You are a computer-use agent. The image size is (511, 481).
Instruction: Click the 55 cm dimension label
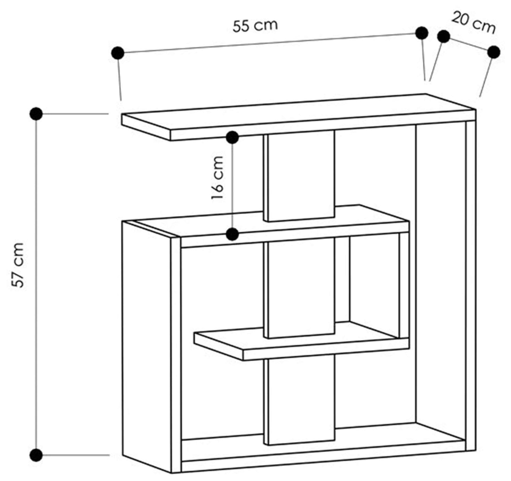click(255, 26)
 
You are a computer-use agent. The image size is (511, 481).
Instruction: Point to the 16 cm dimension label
click(217, 178)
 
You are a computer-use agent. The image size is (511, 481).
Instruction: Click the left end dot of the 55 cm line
click(118, 53)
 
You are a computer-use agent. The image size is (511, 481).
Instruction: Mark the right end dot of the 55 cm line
click(422, 33)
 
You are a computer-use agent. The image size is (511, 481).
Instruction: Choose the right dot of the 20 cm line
click(494, 52)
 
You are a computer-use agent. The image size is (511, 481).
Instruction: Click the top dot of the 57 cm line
click(36, 114)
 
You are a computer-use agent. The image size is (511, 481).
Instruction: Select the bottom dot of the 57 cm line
click(36, 455)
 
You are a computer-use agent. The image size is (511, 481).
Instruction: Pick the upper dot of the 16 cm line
click(233, 138)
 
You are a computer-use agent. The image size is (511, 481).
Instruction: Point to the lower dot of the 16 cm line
click(233, 234)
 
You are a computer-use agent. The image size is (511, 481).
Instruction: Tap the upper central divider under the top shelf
click(300, 175)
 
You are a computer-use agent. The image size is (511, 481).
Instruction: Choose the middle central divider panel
click(300, 288)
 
